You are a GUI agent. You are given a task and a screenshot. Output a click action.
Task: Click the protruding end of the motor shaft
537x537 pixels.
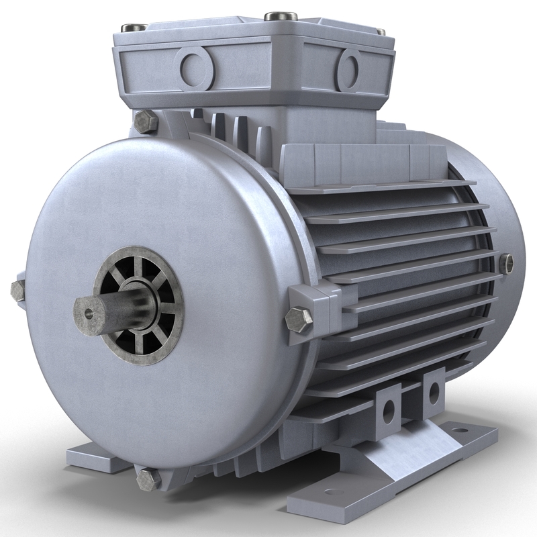91,309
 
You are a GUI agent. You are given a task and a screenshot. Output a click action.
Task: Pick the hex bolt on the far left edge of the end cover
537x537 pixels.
17,289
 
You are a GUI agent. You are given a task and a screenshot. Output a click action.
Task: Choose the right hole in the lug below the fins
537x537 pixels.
433,391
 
